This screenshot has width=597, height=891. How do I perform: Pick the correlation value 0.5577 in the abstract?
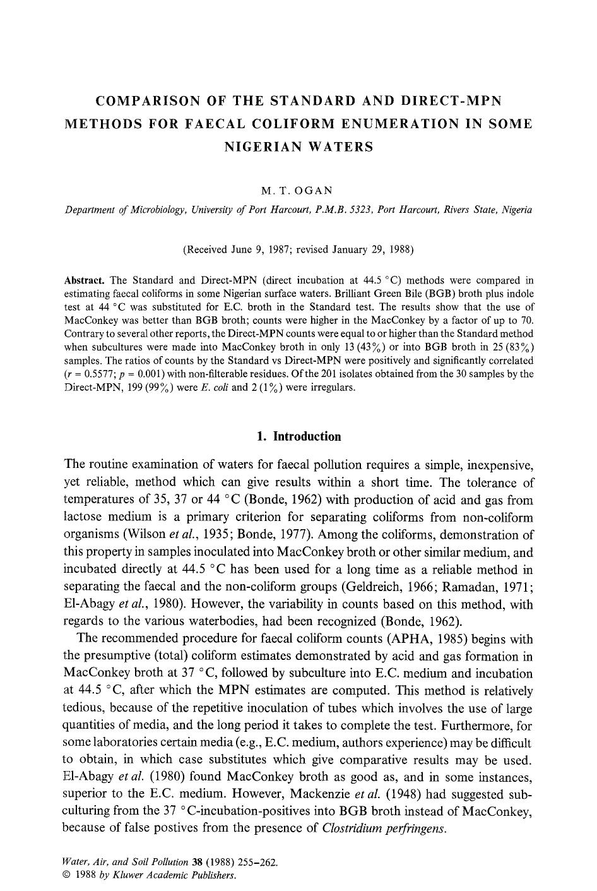point(89,374)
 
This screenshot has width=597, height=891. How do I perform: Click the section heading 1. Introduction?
point(298,436)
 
